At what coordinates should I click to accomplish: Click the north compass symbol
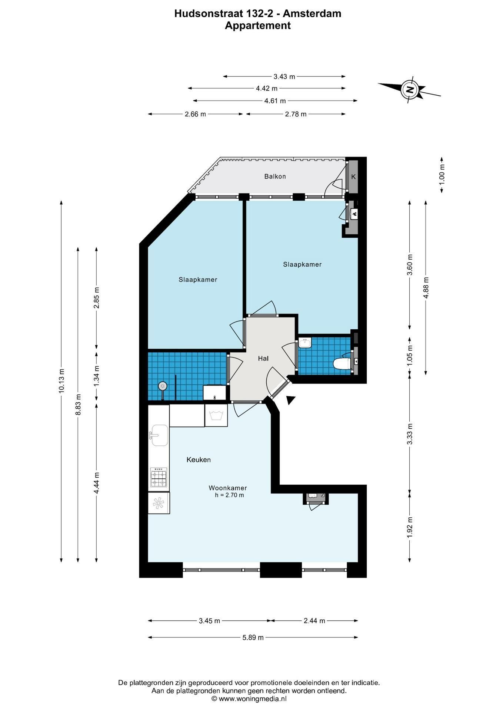(409, 89)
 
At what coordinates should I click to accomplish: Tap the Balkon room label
(275, 177)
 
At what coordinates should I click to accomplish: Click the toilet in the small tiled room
(342, 364)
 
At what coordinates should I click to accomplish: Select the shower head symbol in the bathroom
(162, 386)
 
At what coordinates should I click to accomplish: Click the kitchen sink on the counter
(159, 435)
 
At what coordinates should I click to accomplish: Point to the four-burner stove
(159, 477)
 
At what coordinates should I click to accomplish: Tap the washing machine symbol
(216, 415)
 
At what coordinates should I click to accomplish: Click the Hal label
(263, 358)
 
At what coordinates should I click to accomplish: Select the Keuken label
(199, 460)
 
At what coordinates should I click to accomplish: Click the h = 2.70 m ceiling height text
(229, 495)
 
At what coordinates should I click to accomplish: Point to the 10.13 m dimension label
(61, 381)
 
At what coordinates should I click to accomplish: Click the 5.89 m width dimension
(253, 637)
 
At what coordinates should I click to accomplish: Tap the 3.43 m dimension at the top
(284, 77)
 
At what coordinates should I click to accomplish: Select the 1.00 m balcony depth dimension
(442, 175)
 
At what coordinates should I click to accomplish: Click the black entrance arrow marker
(291, 400)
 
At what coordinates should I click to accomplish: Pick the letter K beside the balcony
(353, 177)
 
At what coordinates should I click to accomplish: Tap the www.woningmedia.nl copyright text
(249, 699)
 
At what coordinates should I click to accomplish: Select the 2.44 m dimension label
(314, 621)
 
